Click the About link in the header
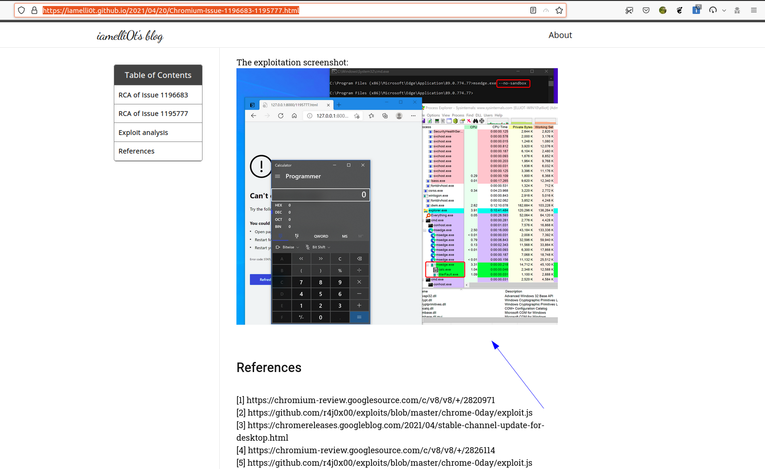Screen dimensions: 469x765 click(560, 35)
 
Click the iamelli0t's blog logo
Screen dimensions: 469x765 click(130, 36)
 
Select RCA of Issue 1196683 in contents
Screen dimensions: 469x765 click(153, 95)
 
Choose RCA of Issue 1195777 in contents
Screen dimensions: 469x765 click(153, 114)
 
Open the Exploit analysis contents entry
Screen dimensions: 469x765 click(143, 133)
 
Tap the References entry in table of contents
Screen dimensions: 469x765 click(137, 151)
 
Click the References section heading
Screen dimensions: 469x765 click(269, 368)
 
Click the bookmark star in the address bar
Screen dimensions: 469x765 click(559, 10)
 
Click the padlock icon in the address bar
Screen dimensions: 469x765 click(34, 10)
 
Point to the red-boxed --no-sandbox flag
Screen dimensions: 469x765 click(513, 84)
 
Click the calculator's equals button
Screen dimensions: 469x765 click(359, 317)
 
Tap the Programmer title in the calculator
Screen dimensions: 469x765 click(303, 176)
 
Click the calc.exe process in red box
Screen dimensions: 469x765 click(445, 270)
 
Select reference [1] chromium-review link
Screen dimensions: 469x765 click(371, 400)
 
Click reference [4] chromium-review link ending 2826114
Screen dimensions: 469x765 click(371, 450)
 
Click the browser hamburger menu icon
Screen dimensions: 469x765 click(754, 10)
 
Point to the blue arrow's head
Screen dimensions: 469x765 click(493, 343)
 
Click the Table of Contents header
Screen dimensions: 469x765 click(158, 75)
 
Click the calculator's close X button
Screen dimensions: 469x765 click(363, 165)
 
